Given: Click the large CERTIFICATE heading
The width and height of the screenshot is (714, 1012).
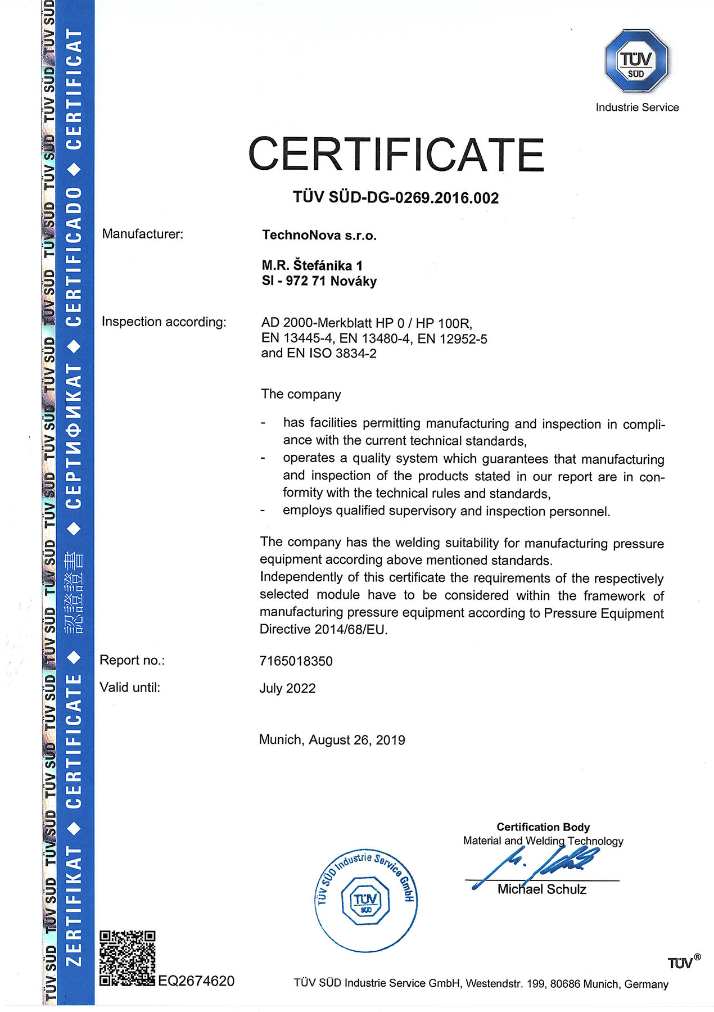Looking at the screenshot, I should coord(396,154).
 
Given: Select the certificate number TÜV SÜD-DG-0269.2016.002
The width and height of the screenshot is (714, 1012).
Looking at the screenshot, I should coord(396,198).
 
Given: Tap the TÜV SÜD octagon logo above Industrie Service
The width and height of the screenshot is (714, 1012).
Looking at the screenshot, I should coord(636,61).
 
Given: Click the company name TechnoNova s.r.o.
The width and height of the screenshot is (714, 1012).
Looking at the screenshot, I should coord(319,236).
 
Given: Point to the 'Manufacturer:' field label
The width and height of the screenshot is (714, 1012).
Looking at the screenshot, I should coord(143,234).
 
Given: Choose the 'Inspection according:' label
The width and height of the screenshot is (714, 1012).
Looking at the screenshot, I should coord(164,322).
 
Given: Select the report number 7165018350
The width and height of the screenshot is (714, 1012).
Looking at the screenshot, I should coord(296,661).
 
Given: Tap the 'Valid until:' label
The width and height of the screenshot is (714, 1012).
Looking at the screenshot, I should coord(130,687).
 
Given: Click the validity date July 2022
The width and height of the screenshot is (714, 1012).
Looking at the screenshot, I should coord(287,688).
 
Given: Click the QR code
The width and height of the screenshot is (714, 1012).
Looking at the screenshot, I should coord(127,958).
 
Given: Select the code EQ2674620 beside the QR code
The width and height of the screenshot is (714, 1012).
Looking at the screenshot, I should coord(196,981).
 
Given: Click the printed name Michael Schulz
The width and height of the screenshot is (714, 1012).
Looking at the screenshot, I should coord(542,889).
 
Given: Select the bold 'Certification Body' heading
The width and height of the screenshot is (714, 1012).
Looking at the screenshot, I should coord(543,827).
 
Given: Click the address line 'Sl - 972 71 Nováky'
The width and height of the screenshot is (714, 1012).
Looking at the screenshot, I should coord(319,281).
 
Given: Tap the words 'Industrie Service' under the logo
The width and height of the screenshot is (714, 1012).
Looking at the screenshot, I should coord(637,107).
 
